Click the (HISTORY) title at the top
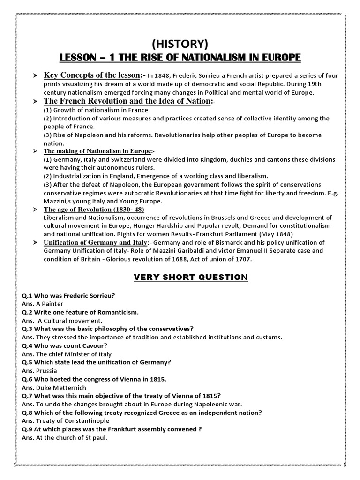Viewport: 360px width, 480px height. (x=180, y=45)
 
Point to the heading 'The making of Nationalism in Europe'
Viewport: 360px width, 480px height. (x=97, y=151)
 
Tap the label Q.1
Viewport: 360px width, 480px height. (x=27, y=295)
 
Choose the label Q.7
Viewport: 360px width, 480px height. (x=27, y=396)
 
